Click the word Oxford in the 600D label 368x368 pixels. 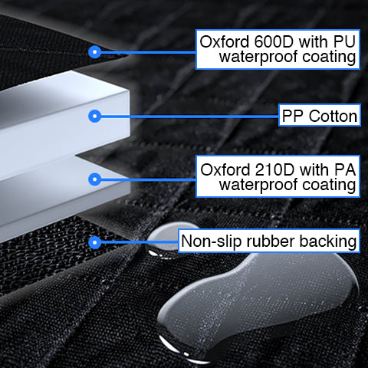point(224,41)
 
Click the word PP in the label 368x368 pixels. point(293,116)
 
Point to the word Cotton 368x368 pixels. point(333,116)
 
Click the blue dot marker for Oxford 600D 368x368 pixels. point(95,52)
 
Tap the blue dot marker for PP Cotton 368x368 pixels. point(95,116)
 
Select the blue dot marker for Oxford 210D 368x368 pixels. point(95,179)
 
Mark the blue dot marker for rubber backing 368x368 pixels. point(95,242)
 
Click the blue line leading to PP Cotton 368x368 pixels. point(189,117)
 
